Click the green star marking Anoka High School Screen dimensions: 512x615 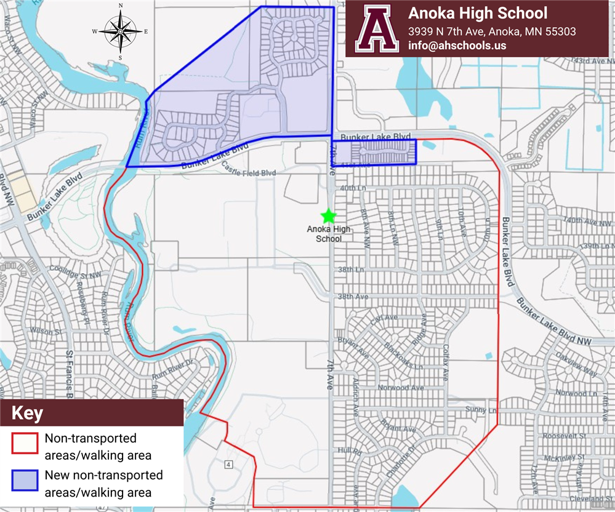[328, 216]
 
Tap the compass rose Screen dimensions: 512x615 [120, 31]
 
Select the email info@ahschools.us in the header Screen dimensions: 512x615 [452, 46]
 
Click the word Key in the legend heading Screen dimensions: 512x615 [27, 413]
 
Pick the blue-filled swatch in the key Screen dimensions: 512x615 [25, 483]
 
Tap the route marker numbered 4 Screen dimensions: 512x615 [228, 463]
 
